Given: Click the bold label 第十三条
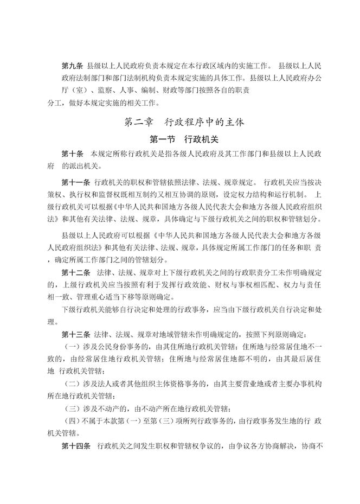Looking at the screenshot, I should pos(77,334).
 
